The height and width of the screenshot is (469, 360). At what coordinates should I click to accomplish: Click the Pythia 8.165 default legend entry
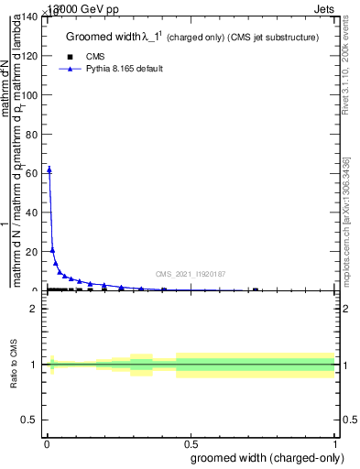pyautogui.click(x=124, y=69)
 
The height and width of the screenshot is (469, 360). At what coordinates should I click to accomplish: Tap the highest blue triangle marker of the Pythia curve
pyautogui.click(x=49, y=169)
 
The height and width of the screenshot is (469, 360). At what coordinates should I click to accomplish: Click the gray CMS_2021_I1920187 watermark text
pyautogui.click(x=190, y=273)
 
